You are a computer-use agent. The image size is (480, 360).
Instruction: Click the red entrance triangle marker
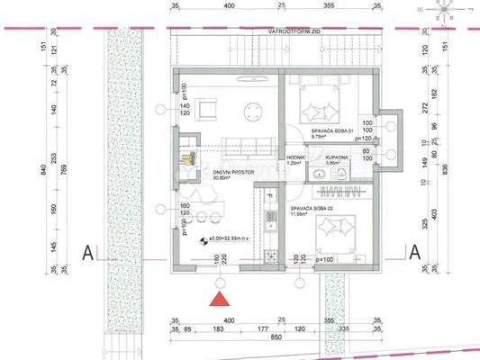[x=217, y=300]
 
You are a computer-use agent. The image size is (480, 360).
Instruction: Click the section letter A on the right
[x=414, y=253]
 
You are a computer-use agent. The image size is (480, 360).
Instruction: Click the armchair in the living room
[x=207, y=112]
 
